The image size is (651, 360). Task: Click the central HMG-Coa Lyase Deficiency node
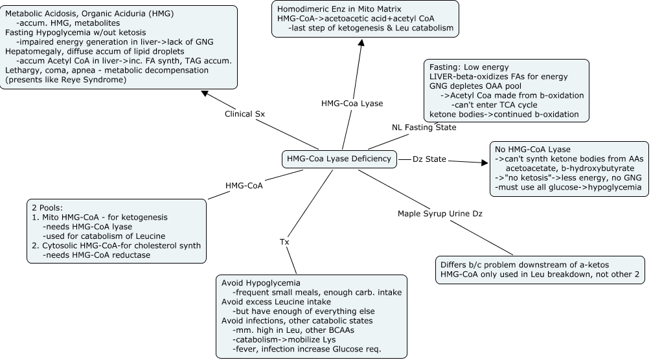pos(339,159)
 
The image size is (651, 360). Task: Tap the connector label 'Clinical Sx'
pos(245,114)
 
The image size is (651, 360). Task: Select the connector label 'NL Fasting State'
pos(424,127)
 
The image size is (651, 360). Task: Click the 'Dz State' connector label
pos(429,159)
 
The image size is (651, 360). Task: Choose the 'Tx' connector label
pos(284,242)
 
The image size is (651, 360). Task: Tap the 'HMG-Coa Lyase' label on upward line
pos(352,103)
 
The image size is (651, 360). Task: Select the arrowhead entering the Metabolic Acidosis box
pos(205,93)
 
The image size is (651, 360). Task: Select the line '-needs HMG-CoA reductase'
pos(96,255)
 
